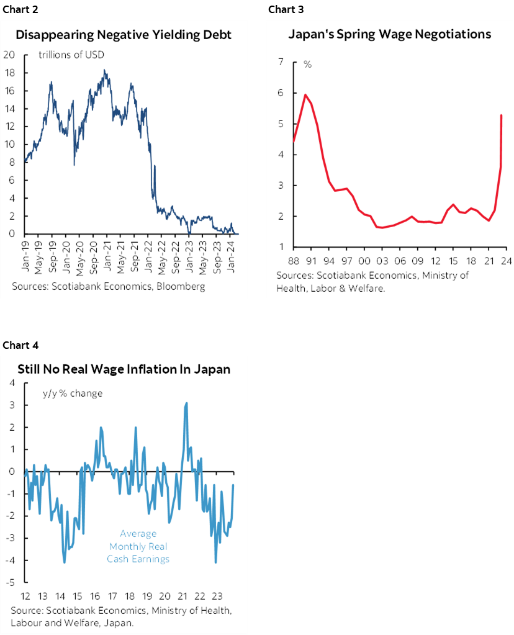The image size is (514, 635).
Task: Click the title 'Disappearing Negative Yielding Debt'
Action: (124, 35)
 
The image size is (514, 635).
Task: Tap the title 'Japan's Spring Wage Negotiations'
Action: (389, 34)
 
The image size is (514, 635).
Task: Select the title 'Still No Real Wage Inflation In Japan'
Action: (123, 369)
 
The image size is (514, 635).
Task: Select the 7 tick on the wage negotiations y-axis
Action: (281, 62)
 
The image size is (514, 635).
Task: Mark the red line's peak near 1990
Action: (305, 94)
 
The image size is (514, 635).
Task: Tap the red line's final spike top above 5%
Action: (501, 115)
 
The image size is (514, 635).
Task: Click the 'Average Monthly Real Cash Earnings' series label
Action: (138, 546)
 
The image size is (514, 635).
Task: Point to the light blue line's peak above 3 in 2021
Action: (186, 403)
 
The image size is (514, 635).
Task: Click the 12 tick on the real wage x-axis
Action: (25, 595)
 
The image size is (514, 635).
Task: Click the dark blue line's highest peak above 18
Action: (104, 70)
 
